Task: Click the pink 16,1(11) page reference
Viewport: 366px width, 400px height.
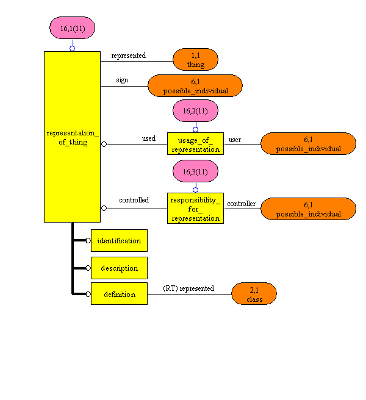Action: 72,27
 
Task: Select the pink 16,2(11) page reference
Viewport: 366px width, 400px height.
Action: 195,110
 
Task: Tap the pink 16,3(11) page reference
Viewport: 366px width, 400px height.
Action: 195,172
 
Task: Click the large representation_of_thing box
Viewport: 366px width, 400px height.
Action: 72,137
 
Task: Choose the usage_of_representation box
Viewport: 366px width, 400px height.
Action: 195,144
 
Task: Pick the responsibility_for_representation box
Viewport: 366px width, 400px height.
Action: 195,208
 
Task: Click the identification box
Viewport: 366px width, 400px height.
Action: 119,241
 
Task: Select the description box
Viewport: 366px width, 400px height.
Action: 119,268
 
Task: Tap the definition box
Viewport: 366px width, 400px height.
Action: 119,295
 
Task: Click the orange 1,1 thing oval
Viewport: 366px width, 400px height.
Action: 195,60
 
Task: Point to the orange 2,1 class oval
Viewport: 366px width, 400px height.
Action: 254,294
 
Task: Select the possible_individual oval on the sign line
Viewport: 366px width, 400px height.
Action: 195,86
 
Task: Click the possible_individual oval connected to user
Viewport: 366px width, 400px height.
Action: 308,144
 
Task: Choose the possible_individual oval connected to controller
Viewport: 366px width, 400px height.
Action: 308,209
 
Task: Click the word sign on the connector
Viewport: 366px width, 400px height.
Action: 122,80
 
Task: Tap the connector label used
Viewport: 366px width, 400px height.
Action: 148,139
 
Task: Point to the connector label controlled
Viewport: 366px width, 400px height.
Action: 134,200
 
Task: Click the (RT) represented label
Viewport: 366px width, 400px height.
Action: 188,288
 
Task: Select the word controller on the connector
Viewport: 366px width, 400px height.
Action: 242,204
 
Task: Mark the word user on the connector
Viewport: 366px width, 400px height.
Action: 235,140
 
